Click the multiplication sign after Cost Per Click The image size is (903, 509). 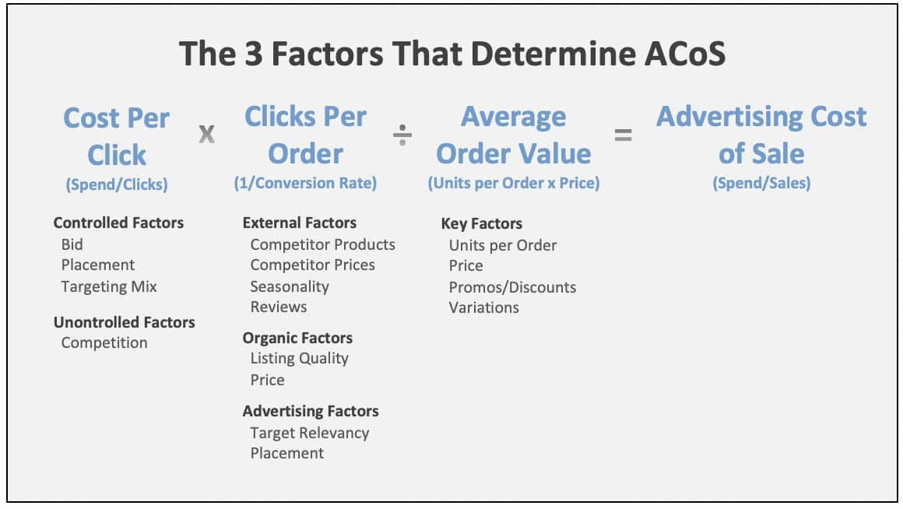pos(207,134)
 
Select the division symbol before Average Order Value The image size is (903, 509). pos(402,135)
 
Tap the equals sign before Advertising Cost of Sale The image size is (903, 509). pos(623,135)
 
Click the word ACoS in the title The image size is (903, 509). pos(685,54)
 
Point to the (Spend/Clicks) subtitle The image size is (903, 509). pos(117,184)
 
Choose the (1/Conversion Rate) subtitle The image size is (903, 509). pos(305,183)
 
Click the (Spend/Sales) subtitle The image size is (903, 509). pos(761,183)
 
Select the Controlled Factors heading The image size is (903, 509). pos(118,223)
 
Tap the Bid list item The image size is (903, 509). pos(72,244)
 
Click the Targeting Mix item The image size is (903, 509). pos(109,286)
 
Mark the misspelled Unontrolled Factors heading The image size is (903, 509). pos(125,322)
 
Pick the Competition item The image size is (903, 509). pos(104,343)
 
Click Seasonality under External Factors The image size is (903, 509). pos(290,286)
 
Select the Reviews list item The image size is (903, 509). pos(279,307)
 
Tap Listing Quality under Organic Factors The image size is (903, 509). pos(300,359)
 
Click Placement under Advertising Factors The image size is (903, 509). pos(286,453)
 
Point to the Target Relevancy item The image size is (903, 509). pos(310,433)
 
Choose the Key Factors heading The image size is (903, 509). pos(481,224)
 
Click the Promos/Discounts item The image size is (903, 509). pos(512,287)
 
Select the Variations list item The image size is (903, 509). pos(483,307)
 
